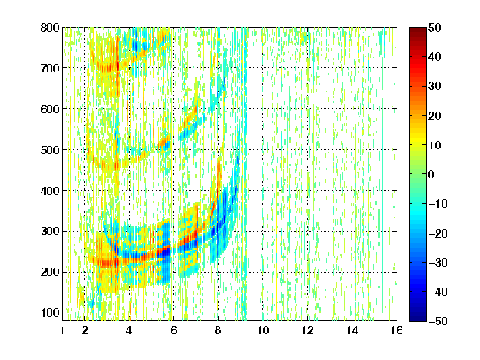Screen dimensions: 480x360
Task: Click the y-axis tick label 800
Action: click(50, 27)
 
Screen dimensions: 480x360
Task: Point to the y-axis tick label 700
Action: click(50, 68)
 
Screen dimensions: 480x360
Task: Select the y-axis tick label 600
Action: click(50, 109)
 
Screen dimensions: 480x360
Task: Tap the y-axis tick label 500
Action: click(50, 150)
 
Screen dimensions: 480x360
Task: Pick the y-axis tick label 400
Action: click(50, 191)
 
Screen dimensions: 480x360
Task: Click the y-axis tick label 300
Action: click(50, 232)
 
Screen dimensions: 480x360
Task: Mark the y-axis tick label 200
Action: click(50, 272)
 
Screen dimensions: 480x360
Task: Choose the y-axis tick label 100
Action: click(50, 312)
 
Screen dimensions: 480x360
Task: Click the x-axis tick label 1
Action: click(62, 330)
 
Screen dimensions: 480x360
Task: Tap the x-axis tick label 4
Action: click(129, 330)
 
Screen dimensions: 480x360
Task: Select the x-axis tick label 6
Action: click(173, 330)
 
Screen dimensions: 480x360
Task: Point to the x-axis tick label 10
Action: click(263, 330)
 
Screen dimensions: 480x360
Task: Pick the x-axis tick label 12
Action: click(307, 330)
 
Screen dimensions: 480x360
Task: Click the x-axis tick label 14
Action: click(352, 330)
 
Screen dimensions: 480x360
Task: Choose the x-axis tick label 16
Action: click(397, 330)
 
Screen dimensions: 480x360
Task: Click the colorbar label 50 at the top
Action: click(435, 27)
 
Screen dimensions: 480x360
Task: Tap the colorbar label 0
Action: click(432, 174)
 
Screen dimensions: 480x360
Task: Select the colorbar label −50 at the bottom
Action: click(438, 321)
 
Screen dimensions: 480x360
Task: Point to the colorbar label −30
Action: click(438, 262)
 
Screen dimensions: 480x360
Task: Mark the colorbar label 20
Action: click(435, 116)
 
